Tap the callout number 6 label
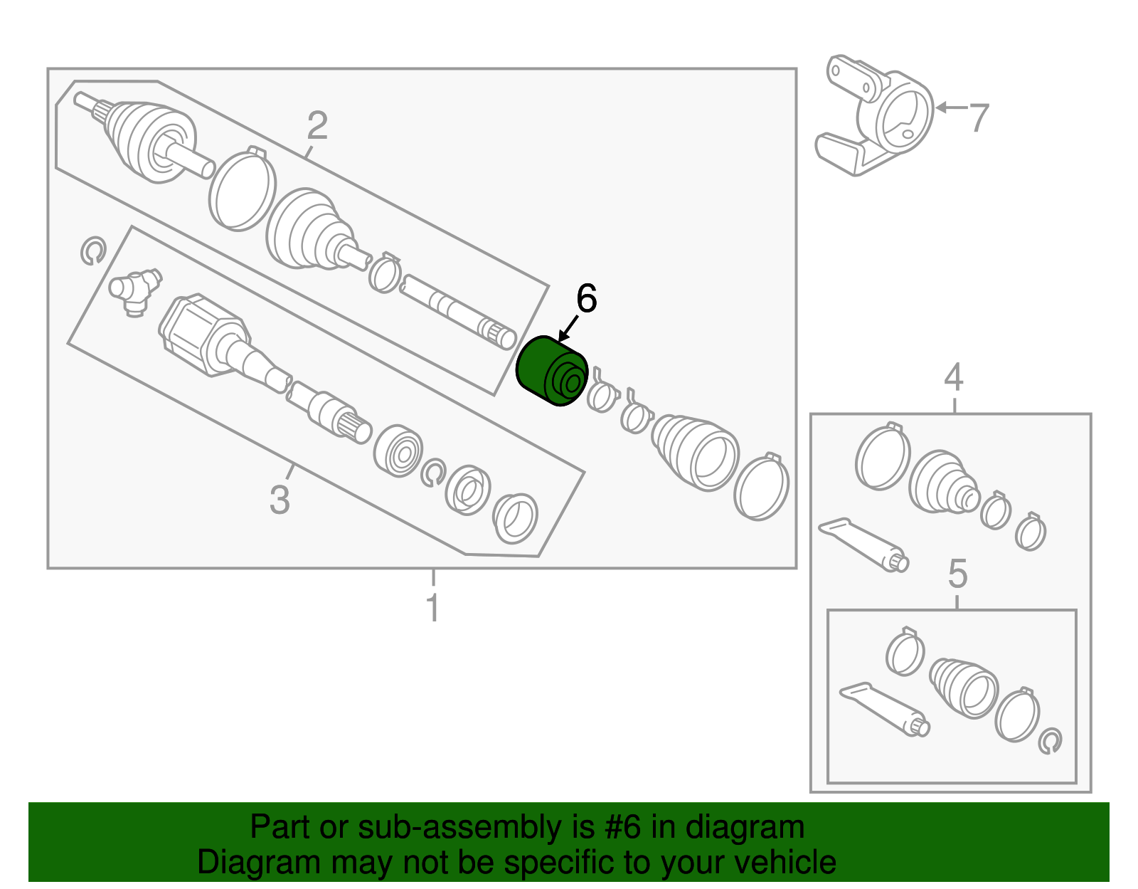pyautogui.click(x=586, y=299)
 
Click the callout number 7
pyautogui.click(x=979, y=118)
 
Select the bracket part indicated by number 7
pyautogui.click(x=882, y=114)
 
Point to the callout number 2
pyautogui.click(x=317, y=126)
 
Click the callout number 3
pyautogui.click(x=280, y=500)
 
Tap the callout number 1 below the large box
pyautogui.click(x=432, y=609)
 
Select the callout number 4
pyautogui.click(x=953, y=377)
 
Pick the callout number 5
pyautogui.click(x=957, y=574)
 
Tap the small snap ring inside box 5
pyautogui.click(x=1050, y=741)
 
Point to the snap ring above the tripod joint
pyautogui.click(x=92, y=251)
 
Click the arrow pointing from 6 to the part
pyautogui.click(x=568, y=330)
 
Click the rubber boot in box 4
pyautogui.click(x=942, y=482)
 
